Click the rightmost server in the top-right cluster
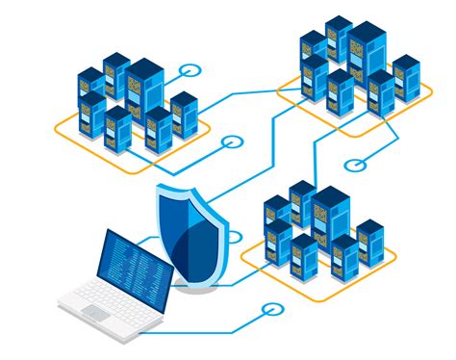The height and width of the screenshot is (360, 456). pos(406,78)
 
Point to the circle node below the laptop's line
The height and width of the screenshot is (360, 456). pos(271,310)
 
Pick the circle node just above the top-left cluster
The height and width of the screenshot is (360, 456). pos(193,70)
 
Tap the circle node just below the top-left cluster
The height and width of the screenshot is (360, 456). pos(231,142)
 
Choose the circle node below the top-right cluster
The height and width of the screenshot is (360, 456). pos(353,165)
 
